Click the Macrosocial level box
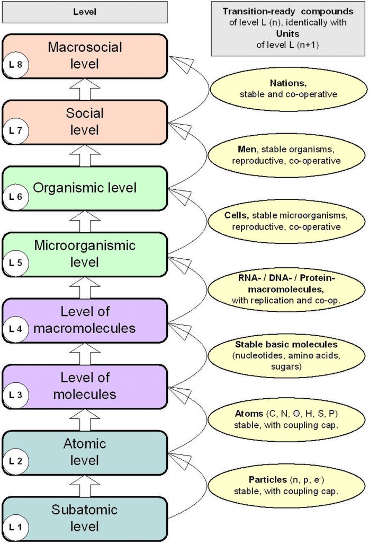click(x=85, y=56)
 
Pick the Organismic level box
click(x=85, y=188)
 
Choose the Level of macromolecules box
click(x=85, y=320)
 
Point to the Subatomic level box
click(x=85, y=518)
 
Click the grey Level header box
click(x=85, y=12)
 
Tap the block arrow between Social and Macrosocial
click(x=85, y=89)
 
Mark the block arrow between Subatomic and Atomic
click(x=85, y=485)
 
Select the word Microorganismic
click(x=85, y=246)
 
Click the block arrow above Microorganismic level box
click(x=85, y=221)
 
